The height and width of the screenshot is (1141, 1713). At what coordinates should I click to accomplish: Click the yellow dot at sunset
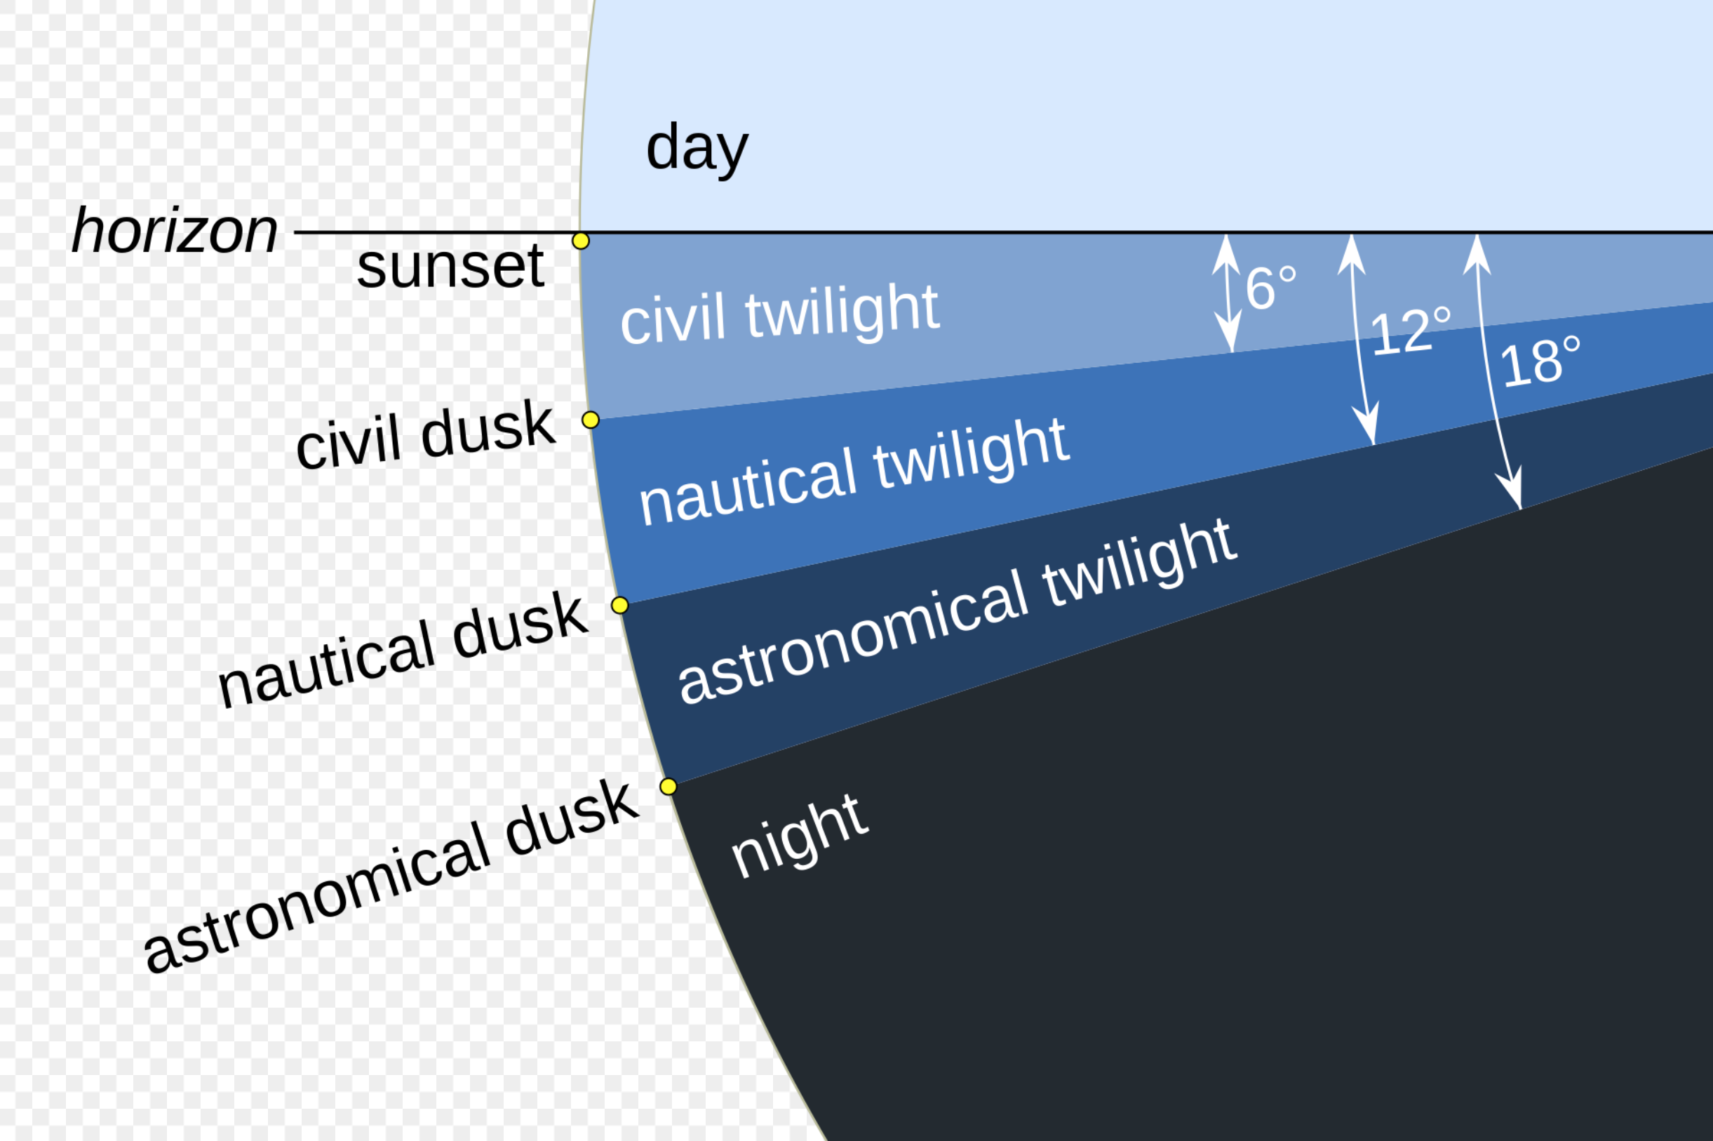click(x=580, y=241)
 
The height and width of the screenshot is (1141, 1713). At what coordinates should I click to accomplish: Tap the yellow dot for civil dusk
click(x=591, y=420)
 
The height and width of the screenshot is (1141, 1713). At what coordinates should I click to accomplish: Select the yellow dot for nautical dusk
click(x=619, y=606)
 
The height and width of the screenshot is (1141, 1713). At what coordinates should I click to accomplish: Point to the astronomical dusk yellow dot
click(x=669, y=787)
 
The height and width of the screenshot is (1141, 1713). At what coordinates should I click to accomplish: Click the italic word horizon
click(x=175, y=231)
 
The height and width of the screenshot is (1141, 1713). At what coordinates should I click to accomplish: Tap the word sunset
click(x=450, y=267)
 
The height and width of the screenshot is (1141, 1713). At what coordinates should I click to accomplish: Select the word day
click(x=697, y=149)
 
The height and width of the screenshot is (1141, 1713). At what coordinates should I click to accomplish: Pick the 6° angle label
click(x=1271, y=288)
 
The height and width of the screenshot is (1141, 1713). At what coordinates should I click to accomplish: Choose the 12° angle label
click(x=1411, y=331)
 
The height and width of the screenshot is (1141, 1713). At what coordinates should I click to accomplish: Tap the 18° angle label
click(x=1540, y=361)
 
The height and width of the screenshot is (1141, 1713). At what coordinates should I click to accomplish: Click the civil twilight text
click(x=780, y=315)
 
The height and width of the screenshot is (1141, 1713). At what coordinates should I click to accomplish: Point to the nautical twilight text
click(x=854, y=472)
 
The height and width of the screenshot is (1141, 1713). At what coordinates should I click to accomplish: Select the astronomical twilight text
click(x=958, y=613)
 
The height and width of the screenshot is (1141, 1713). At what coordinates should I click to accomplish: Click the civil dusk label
click(x=426, y=435)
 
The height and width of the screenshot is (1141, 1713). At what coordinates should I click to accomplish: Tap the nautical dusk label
click(x=402, y=650)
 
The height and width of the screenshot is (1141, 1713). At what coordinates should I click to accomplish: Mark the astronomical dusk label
click(x=391, y=878)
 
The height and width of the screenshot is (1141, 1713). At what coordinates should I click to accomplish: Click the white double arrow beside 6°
click(x=1228, y=293)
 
